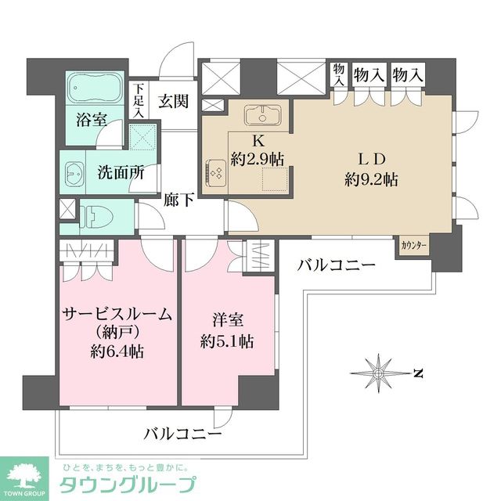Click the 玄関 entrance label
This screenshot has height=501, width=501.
[x=173, y=100]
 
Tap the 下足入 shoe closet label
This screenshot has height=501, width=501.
[x=138, y=100]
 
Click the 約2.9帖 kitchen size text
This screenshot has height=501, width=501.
[x=257, y=158]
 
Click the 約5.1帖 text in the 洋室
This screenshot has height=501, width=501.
[x=225, y=341]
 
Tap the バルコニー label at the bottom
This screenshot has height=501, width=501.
[x=182, y=432]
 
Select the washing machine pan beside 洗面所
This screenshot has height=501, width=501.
[x=142, y=138]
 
